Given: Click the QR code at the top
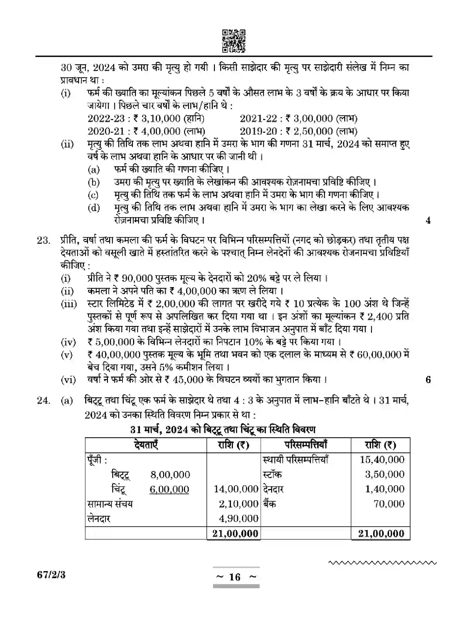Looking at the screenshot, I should coord(234,41).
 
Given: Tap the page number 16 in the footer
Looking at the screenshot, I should coord(235,577).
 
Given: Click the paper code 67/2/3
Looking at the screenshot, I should coord(51,575).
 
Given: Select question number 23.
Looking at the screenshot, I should coord(44,240).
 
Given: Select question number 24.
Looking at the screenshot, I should coord(44,401).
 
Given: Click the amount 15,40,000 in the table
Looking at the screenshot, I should coord(382,460).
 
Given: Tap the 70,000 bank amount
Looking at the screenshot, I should coord(389,504).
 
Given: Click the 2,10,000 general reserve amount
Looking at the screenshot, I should coord(239,504).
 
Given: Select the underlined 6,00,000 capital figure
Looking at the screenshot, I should coord(169,489).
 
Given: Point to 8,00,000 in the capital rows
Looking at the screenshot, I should coord(170,475).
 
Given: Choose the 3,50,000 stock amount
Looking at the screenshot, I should coord(385,474).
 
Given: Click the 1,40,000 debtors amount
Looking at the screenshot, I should coord(385,489).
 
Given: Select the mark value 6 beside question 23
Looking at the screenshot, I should coord(428,380).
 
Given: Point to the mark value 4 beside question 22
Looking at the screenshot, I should coord(428,221).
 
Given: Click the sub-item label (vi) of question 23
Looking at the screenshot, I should coord(68,380).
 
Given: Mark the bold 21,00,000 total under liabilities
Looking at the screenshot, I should coord(235,534).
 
